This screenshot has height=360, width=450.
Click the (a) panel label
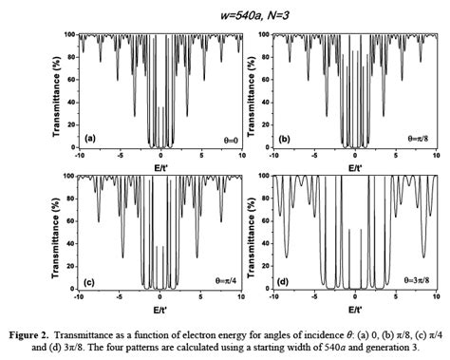point(91,139)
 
